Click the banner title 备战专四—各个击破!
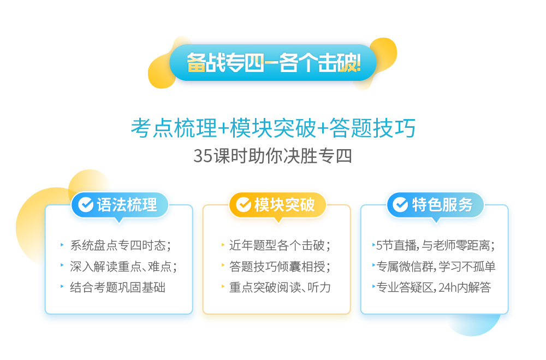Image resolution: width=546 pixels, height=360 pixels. coord(274,62)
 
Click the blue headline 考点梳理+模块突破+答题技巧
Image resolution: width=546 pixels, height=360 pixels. coord(274,128)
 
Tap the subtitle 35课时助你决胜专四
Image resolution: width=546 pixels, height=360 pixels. coord(272,156)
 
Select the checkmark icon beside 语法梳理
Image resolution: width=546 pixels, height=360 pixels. coord(86,204)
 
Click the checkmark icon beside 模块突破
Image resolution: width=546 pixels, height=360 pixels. coord(244,204)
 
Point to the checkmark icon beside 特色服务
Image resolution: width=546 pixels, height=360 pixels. coord(400,204)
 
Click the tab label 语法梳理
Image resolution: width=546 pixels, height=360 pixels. coord(127,204)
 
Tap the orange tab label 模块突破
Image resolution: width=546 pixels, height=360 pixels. coord(284,204)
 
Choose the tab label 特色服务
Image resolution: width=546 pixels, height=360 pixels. coord(442,204)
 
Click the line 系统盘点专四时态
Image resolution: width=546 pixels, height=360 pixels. coord(121,245)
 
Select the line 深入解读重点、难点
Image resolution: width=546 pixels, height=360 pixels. coord(123,267)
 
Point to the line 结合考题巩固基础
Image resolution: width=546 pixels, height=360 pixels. coord(118,287)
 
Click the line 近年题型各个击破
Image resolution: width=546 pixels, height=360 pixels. coord(280,245)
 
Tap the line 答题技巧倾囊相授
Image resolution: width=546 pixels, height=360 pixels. coord(280,267)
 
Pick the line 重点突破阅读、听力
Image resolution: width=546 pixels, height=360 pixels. coord(280,287)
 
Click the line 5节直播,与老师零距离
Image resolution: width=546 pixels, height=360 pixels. coord(435,245)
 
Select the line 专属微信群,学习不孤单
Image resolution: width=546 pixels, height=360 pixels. coord(436,267)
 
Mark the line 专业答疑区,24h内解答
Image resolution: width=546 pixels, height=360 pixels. coord(434,287)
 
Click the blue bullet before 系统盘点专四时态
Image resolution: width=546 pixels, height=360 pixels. coord(62,245)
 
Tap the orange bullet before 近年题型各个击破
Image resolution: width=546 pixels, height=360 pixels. coord(223,245)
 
